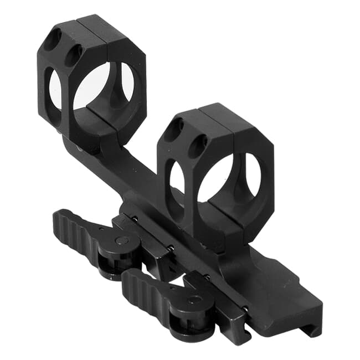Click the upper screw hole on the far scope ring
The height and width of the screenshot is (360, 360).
click(54, 40)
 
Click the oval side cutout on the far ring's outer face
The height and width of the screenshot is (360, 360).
click(55, 89)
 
